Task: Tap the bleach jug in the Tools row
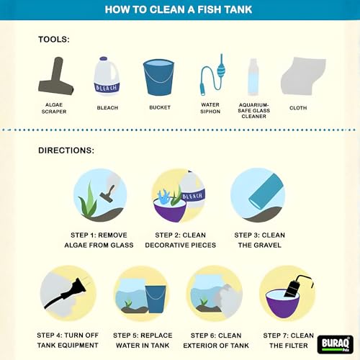(107, 76)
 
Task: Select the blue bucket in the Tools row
(158, 77)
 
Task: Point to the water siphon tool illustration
(212, 75)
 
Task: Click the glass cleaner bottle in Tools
(253, 77)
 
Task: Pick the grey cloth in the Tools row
(303, 76)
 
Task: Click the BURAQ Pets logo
(336, 344)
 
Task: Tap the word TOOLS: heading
(54, 40)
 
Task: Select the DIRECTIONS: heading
(66, 150)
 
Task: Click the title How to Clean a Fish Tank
(179, 9)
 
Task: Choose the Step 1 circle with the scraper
(100, 195)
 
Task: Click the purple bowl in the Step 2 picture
(170, 210)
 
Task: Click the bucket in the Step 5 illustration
(156, 299)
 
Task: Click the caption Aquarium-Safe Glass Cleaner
(253, 111)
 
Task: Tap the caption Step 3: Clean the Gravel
(260, 240)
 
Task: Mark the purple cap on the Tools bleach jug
(104, 58)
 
